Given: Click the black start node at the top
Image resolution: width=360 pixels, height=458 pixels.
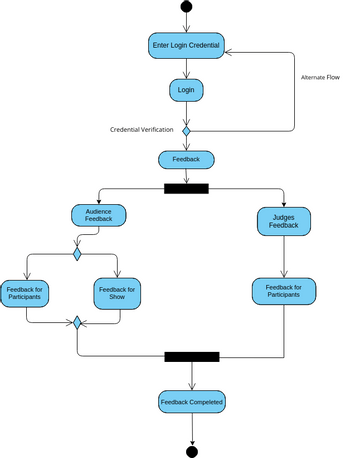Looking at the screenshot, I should [x=186, y=8].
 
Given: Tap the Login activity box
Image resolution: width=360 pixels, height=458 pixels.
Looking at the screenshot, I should [x=186, y=90].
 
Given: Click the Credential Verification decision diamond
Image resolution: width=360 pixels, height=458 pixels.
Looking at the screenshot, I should [x=186, y=130].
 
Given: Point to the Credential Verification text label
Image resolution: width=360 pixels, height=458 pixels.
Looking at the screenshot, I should [x=141, y=130].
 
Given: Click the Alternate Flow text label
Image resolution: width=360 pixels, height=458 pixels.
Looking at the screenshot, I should [x=320, y=77].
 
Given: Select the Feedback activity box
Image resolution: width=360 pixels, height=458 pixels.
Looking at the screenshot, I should [x=186, y=159].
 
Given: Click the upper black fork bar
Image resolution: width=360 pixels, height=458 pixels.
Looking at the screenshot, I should [x=186, y=188].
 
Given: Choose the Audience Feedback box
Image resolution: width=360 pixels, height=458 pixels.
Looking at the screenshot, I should [x=97, y=216].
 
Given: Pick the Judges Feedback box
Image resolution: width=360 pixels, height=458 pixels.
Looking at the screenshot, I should [x=285, y=221].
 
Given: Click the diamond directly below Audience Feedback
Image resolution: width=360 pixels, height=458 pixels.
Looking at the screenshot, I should [x=77, y=254].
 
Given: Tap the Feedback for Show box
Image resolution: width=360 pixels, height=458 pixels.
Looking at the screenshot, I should [x=118, y=294].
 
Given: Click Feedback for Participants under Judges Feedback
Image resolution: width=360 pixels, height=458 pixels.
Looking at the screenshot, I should [x=285, y=291].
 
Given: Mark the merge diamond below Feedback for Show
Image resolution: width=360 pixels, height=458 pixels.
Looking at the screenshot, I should [x=77, y=323].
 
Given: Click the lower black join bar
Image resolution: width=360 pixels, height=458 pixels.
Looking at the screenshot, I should [x=192, y=356].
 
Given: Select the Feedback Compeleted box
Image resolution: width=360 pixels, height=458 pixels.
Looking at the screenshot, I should [x=192, y=402].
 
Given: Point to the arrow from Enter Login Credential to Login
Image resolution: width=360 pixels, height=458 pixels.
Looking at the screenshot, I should [x=186, y=68].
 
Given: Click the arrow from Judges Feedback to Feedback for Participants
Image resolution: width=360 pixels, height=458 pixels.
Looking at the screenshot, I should [x=285, y=257].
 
